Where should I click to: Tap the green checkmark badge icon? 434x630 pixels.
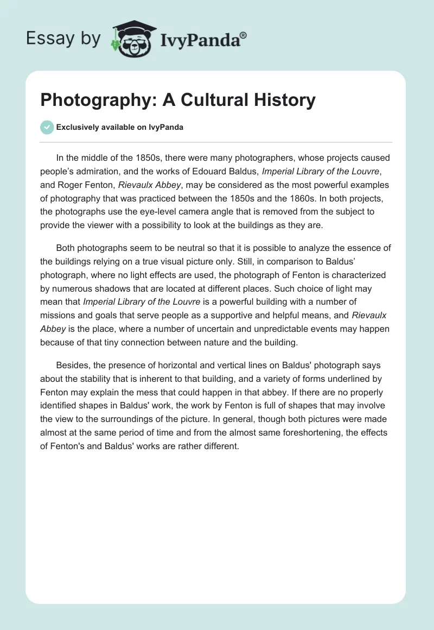point(47,128)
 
